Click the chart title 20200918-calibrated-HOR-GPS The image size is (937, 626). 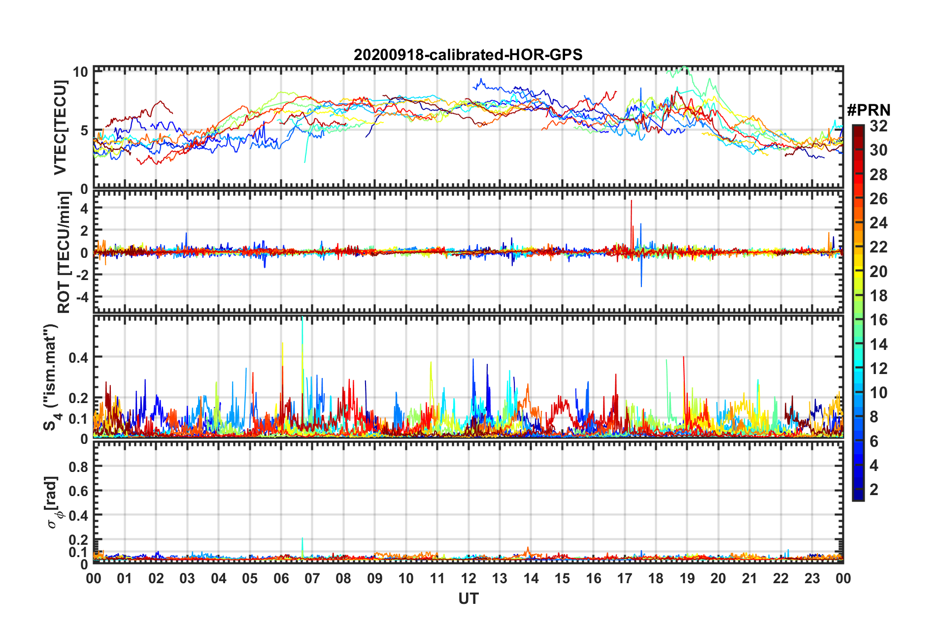pos(468,55)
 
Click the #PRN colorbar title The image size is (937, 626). pos(869,110)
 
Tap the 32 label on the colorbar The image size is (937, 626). pos(878,126)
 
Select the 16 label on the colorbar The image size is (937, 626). pos(878,320)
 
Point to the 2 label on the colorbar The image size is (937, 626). pos(874,489)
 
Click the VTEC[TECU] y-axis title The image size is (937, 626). pos(60,128)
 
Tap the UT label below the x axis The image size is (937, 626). pos(468,598)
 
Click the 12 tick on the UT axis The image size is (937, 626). pos(468,578)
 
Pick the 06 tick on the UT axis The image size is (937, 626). pos(281,578)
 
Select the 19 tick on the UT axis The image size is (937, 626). pos(687,578)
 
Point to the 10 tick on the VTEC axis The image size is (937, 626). pos(81,72)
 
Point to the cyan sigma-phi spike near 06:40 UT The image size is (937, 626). pos(302,540)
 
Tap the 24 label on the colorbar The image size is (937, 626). pos(878,223)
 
